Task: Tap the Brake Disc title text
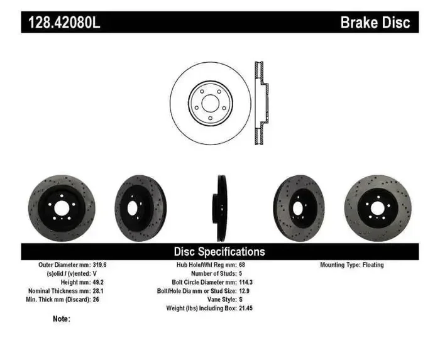pos(375,23)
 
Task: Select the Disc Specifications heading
pos(219,251)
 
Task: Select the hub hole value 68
pos(242,265)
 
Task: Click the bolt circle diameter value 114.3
pos(246,283)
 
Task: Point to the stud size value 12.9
pos(245,292)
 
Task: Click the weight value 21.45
pos(246,309)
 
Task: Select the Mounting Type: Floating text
pos(351,265)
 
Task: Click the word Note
pos(61,319)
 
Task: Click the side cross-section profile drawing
pos(260,103)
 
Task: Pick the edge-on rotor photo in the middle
pos(220,208)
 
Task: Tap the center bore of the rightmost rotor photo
pos(378,208)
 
